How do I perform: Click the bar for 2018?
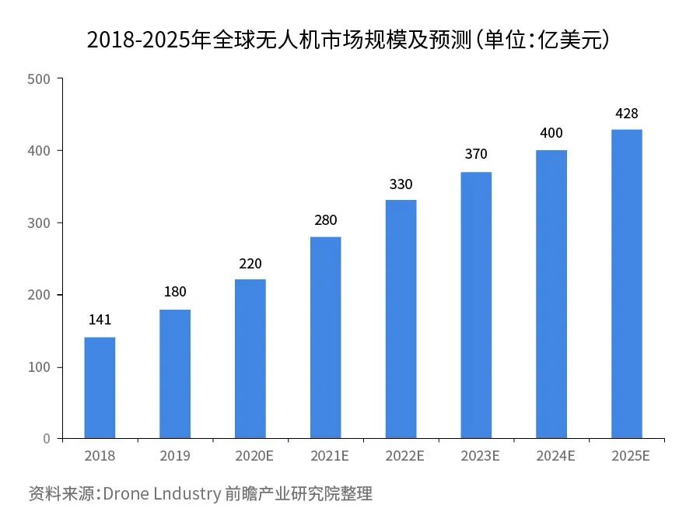click(100, 387)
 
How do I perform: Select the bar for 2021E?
click(325, 337)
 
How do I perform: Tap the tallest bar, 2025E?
click(627, 283)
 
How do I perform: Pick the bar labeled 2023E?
click(476, 305)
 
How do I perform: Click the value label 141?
click(100, 321)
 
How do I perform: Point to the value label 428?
click(627, 114)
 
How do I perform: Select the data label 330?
click(401, 184)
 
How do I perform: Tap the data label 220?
click(250, 264)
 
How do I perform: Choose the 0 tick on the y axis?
click(47, 439)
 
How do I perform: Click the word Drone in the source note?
click(125, 493)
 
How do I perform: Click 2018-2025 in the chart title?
click(138, 40)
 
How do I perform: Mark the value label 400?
click(551, 133)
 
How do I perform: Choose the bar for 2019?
click(175, 373)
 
